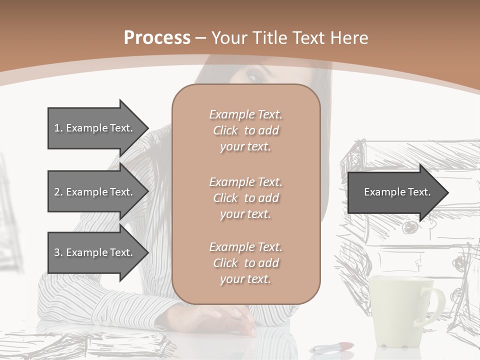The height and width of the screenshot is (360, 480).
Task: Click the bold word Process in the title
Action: [x=157, y=37]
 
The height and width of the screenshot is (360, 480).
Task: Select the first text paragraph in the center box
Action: [x=245, y=130]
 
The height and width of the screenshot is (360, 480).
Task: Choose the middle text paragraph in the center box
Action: [x=245, y=197]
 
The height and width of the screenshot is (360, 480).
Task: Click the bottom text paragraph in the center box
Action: [x=245, y=263]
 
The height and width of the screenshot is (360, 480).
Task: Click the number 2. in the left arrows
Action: [x=58, y=192]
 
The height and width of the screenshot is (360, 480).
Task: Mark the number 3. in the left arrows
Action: [x=58, y=252]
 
